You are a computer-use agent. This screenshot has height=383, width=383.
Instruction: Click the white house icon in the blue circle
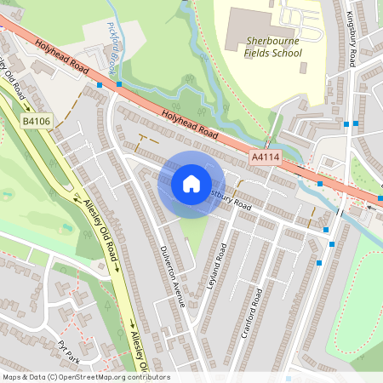click(191, 183)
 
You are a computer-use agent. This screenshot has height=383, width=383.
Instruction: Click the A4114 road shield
click(266, 157)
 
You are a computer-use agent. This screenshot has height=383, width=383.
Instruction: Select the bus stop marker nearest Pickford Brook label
click(119, 84)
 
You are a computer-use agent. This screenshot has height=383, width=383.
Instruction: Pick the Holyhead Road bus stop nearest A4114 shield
click(320, 183)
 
